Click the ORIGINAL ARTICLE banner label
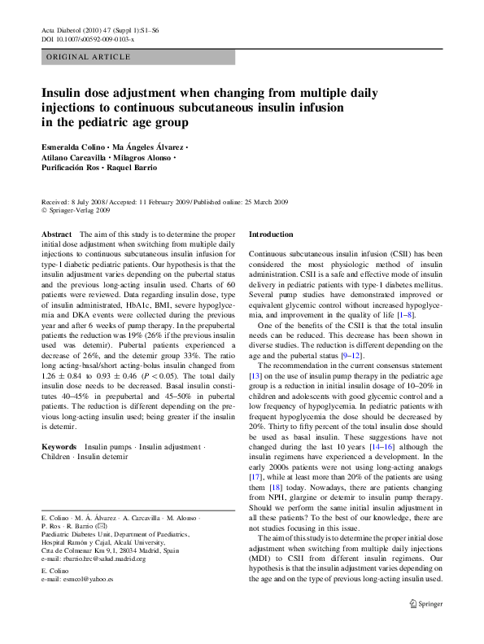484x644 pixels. pos(89,57)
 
